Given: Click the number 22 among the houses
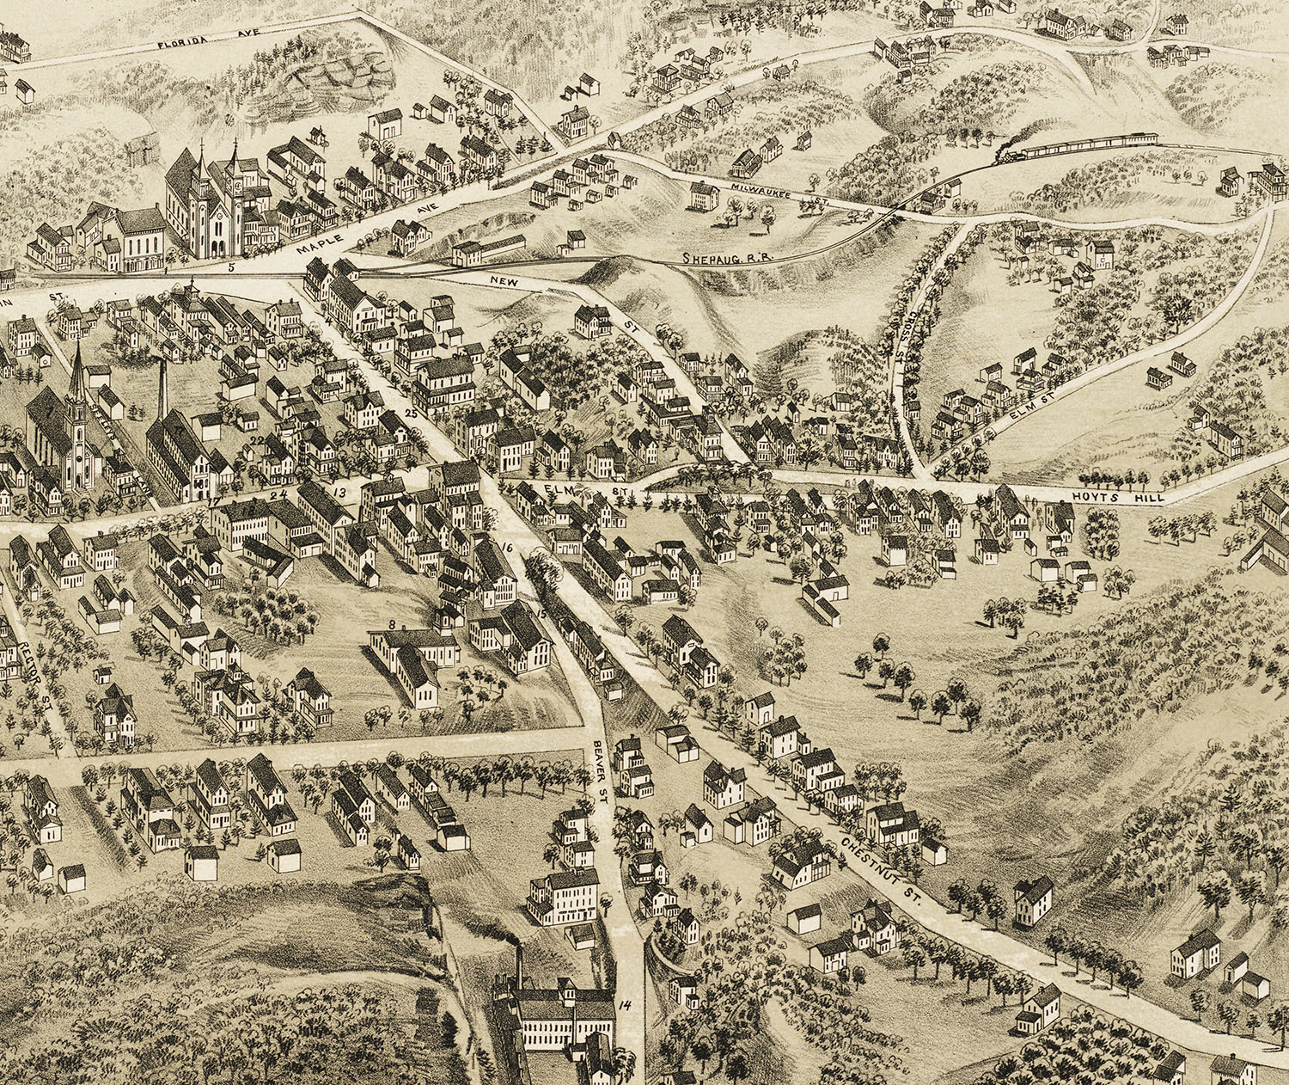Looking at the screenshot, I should coord(256,440).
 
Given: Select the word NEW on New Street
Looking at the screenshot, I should coord(499,281).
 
